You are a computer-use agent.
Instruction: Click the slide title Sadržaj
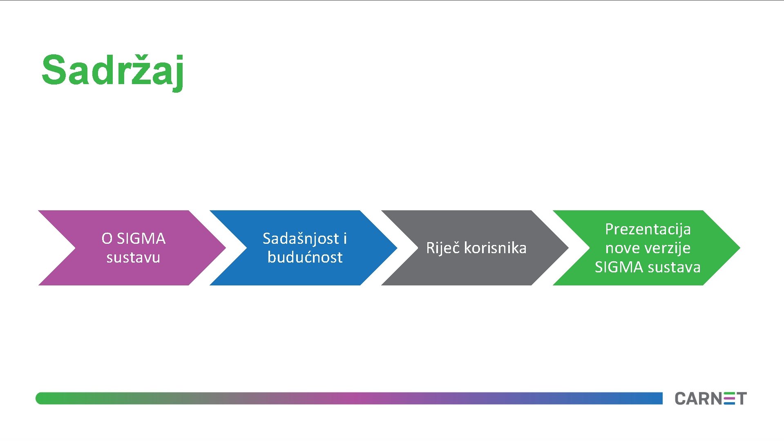(113, 71)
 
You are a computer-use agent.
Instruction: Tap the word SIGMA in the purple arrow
(141, 238)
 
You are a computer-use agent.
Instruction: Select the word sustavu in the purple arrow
(133, 258)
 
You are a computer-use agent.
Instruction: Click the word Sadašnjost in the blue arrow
(301, 238)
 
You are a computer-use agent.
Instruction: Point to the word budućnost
(305, 258)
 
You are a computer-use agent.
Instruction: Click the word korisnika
(495, 248)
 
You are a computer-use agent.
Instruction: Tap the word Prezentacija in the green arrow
(648, 229)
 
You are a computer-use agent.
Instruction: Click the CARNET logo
(710, 399)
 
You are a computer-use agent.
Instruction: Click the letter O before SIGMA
(107, 238)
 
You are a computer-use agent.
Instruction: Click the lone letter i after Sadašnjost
(345, 238)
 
